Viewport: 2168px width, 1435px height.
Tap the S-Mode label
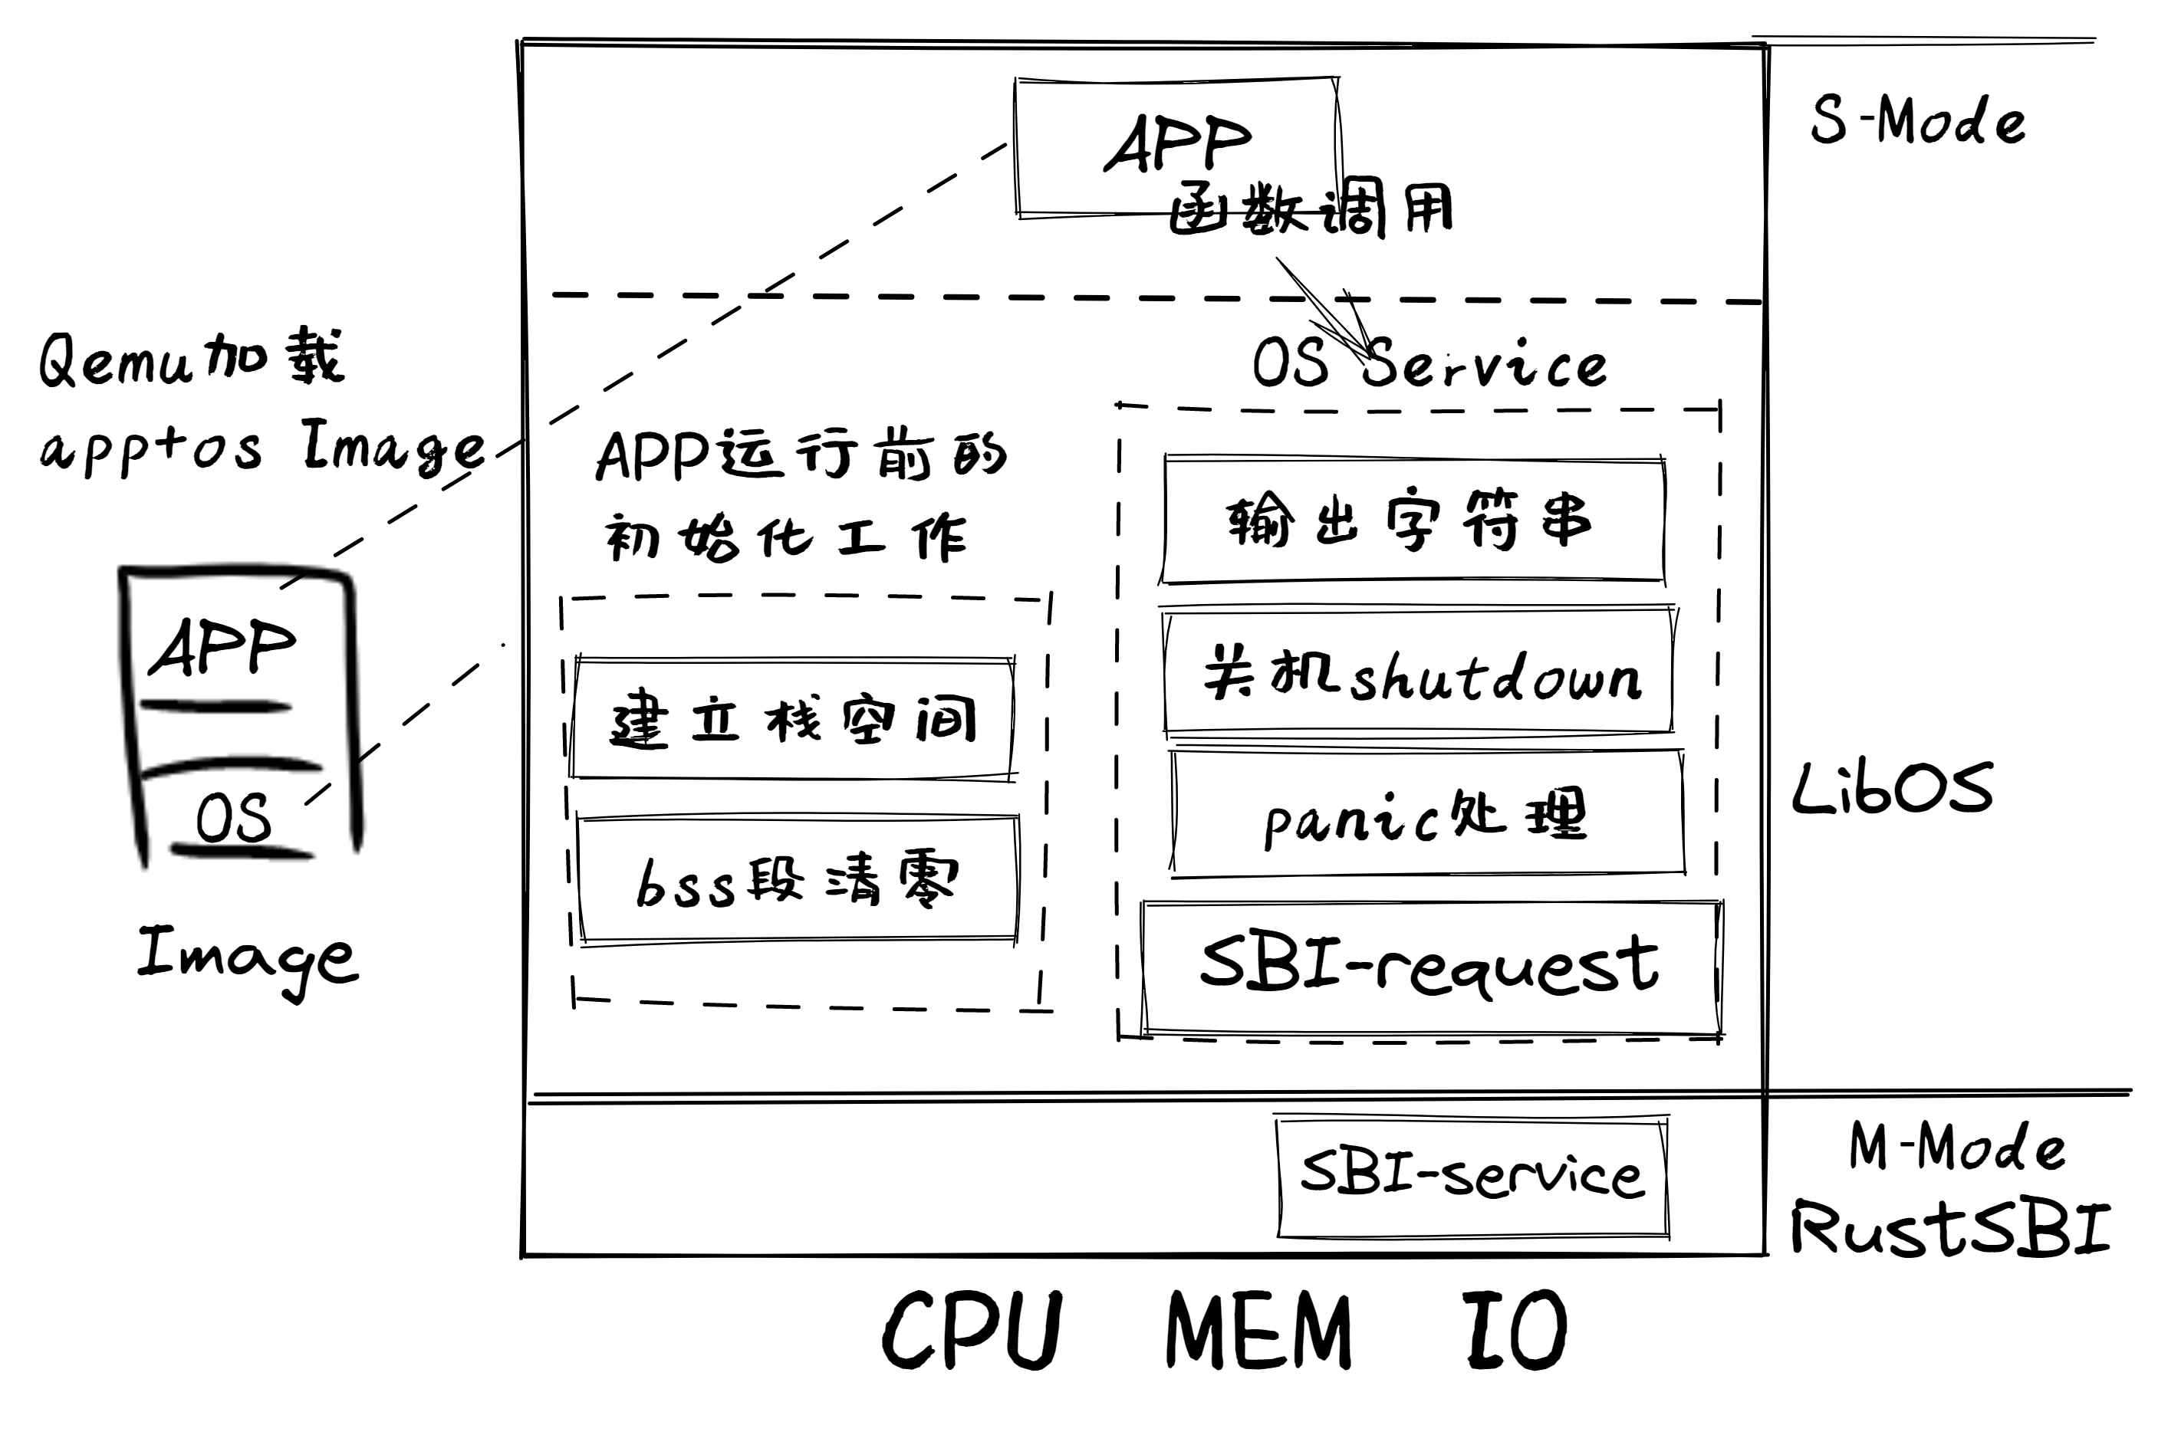[x=1917, y=121]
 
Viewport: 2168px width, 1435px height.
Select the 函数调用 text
[x=1311, y=211]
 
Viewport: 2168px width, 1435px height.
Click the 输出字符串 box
[x=1413, y=520]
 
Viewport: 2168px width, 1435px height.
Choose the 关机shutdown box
[x=1418, y=674]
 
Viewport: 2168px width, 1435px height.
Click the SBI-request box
[x=1430, y=968]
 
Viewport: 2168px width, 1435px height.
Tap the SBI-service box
[x=1471, y=1176]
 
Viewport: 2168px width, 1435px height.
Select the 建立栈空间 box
[x=792, y=719]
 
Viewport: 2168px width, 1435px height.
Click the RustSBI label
[x=1950, y=1228]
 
